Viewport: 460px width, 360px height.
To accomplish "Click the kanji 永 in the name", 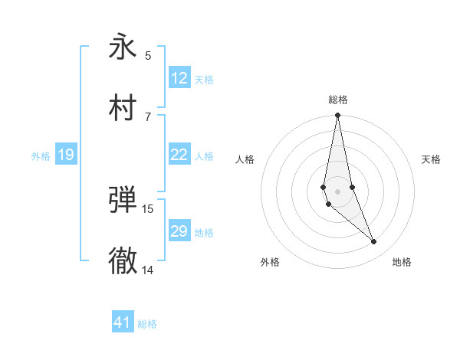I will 123,47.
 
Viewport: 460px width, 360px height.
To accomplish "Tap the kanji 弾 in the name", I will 123,200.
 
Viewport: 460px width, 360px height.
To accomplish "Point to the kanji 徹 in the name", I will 123,260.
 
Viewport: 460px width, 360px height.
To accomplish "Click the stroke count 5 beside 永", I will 148,55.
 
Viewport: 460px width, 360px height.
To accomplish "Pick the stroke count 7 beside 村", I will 148,116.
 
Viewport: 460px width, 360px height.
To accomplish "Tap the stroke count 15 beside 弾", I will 148,208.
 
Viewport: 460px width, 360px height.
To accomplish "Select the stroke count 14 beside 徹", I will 148,270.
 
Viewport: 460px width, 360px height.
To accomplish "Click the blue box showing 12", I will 179,78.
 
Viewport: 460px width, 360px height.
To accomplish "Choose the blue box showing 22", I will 179,155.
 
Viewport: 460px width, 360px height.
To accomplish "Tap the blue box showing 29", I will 179,231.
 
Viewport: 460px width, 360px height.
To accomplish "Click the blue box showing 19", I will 66,155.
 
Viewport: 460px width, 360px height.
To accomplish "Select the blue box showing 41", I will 123,322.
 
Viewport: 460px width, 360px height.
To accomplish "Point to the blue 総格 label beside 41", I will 147,324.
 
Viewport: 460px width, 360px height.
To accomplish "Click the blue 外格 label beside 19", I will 41,156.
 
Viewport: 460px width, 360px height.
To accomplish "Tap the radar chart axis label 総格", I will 337,100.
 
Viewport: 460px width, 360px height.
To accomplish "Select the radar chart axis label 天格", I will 431,159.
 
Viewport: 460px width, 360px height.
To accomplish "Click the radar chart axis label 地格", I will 402,263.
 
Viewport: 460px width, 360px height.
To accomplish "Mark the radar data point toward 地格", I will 374,242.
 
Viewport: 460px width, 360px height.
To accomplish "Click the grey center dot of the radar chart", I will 337,191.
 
